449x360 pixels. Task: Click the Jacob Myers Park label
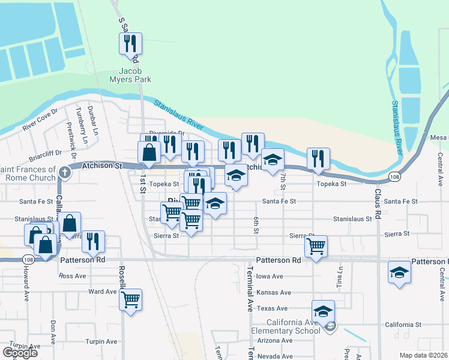pyautogui.click(x=130, y=74)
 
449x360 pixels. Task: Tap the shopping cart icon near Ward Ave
pyautogui.click(x=130, y=299)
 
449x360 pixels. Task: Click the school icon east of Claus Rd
pyautogui.click(x=399, y=272)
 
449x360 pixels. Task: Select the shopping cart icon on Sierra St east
pyautogui.click(x=315, y=245)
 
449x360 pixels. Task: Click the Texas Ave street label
pyautogui.click(x=268, y=308)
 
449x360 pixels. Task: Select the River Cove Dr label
pyautogui.click(x=39, y=119)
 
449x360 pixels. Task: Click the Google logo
pyautogui.click(x=20, y=352)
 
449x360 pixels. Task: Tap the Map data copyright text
pyautogui.click(x=424, y=355)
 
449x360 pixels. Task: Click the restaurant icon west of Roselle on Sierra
pyautogui.click(x=93, y=241)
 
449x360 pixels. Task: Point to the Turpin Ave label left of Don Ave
pyautogui.click(x=25, y=346)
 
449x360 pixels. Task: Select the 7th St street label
pyautogui.click(x=282, y=178)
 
